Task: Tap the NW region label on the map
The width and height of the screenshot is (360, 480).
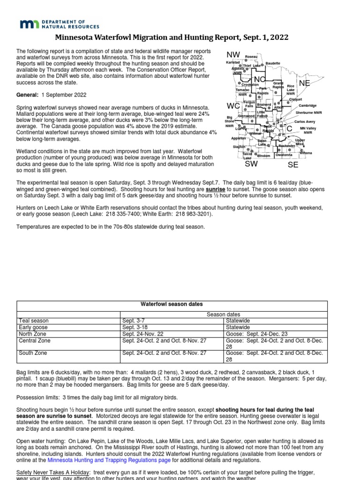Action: coord(233,55)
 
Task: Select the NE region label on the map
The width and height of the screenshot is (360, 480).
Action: coord(305,82)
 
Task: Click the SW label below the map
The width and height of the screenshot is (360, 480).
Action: coord(251,165)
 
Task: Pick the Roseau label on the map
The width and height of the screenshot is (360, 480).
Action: coord(251,56)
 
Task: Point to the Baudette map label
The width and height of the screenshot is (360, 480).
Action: coord(273,63)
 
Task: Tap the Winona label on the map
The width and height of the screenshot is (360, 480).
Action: coord(306,153)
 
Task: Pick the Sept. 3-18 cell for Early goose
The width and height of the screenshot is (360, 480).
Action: coord(135,327)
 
